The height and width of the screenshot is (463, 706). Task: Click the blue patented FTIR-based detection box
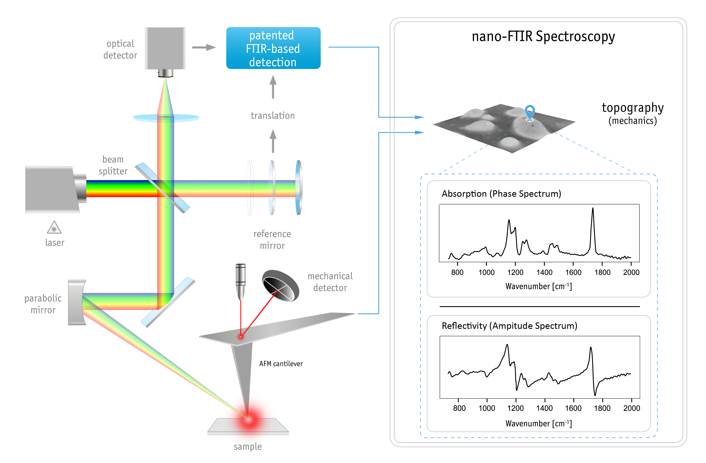pyautogui.click(x=273, y=48)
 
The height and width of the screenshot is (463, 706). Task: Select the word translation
pyautogui.click(x=273, y=116)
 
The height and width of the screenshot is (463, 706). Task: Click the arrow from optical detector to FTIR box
pyautogui.click(x=204, y=47)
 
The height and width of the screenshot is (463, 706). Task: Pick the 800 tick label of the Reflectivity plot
pyautogui.click(x=459, y=408)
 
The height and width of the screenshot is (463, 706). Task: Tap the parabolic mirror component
pyautogui.click(x=76, y=302)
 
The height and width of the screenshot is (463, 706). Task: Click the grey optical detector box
pyautogui.click(x=165, y=48)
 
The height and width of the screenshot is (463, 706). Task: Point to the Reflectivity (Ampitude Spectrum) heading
pyautogui.click(x=509, y=326)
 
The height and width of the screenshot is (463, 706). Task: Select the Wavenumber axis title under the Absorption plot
pyautogui.click(x=538, y=286)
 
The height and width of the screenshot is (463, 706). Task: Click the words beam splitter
pyautogui.click(x=113, y=165)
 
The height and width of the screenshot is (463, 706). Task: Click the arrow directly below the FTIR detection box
pyautogui.click(x=273, y=87)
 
